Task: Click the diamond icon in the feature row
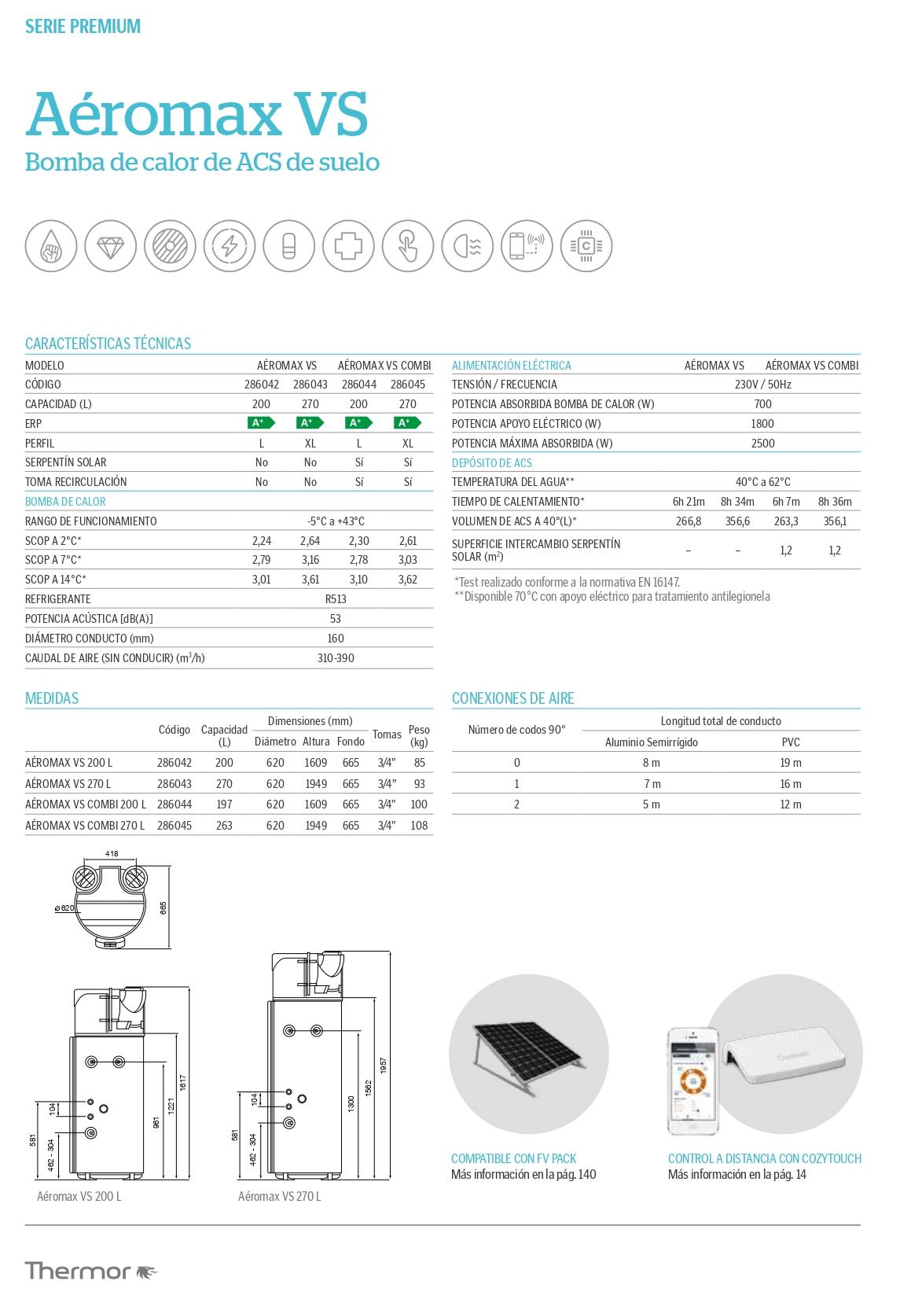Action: pyautogui.click(x=111, y=246)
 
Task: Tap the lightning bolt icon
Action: pyautogui.click(x=230, y=246)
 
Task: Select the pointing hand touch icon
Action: pyautogui.click(x=408, y=246)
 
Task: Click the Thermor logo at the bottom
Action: pyautogui.click(x=91, y=1271)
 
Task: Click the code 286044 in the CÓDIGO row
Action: pyautogui.click(x=359, y=385)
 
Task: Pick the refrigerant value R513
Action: pyautogui.click(x=336, y=599)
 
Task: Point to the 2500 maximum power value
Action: pyautogui.click(x=762, y=444)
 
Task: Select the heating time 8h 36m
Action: pyautogui.click(x=835, y=502)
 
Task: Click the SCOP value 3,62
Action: pyautogui.click(x=408, y=580)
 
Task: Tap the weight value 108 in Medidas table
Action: pyautogui.click(x=419, y=826)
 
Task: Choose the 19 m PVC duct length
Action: pyautogui.click(x=791, y=763)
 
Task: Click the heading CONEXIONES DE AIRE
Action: pyautogui.click(x=512, y=698)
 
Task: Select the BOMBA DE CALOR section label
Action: pyautogui.click(x=65, y=502)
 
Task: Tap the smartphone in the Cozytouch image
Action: pyautogui.click(x=692, y=1081)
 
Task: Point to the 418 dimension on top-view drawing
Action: pyautogui.click(x=112, y=853)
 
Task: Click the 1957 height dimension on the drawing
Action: pyautogui.click(x=384, y=1066)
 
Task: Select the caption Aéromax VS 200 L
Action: pyautogui.click(x=79, y=1196)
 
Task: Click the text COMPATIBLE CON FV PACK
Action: pyautogui.click(x=513, y=1158)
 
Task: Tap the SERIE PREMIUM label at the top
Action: pyautogui.click(x=83, y=27)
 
